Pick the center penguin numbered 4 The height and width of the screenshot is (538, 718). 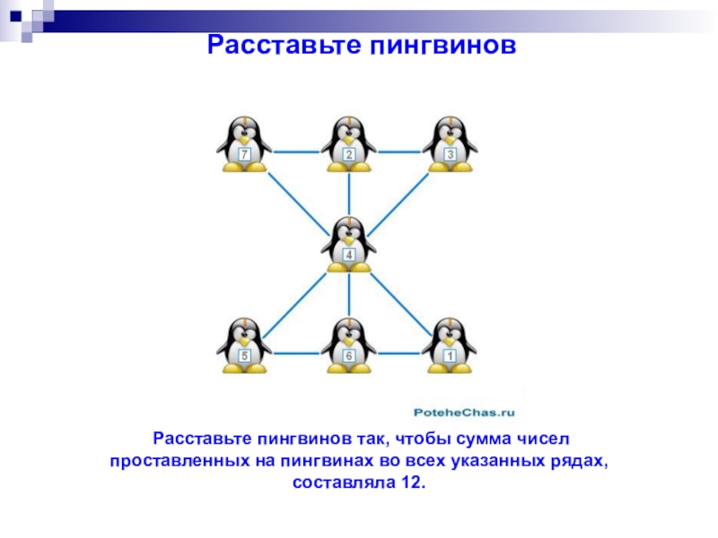click(349, 244)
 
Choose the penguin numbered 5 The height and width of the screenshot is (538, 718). click(243, 345)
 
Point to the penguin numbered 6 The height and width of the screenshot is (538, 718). click(349, 345)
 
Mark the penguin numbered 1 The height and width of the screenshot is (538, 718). click(450, 345)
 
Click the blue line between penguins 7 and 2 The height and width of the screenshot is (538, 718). click(296, 152)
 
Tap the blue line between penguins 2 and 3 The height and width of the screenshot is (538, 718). click(399, 152)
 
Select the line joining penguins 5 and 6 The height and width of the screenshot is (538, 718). click(296, 352)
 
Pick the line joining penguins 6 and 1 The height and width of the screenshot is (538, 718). click(399, 352)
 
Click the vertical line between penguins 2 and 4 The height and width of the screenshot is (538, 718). click(349, 193)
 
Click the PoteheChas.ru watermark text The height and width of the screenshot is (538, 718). click(463, 412)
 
